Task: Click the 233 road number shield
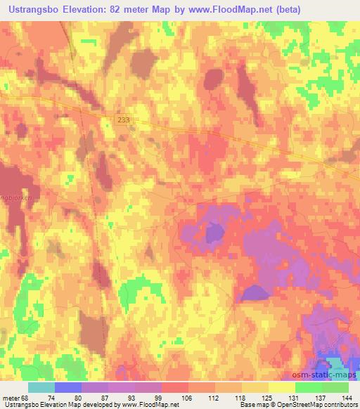(124, 121)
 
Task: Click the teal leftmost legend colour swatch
(41, 387)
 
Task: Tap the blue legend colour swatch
(67, 387)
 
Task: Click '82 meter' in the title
(144, 9)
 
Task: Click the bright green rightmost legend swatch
(335, 387)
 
